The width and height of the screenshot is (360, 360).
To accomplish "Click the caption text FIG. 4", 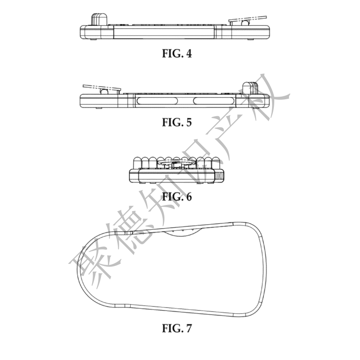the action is coord(177,54).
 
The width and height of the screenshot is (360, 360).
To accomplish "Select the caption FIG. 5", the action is coord(177,122).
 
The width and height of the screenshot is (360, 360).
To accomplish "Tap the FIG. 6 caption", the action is coord(177,197).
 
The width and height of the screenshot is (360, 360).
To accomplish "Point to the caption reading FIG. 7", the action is coord(177,328).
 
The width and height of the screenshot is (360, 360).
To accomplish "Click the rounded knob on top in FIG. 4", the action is coord(99,19).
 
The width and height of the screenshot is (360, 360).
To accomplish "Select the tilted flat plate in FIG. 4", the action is coord(248,19).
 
